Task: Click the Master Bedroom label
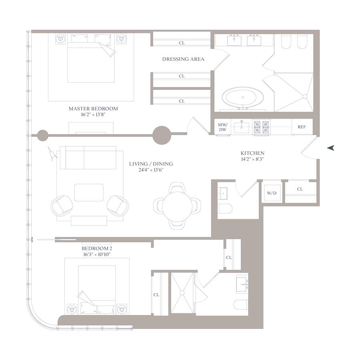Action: (x=93, y=108)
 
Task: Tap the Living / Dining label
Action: (x=151, y=164)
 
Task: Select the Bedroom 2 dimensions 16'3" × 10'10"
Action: (x=97, y=254)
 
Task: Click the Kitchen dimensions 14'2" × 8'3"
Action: (x=252, y=159)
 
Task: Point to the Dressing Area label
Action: (x=183, y=59)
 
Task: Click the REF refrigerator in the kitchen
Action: (x=302, y=127)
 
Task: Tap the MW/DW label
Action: (x=223, y=127)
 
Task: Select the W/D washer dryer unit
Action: (x=272, y=193)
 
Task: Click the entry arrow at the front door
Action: (x=331, y=148)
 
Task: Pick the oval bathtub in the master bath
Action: (x=243, y=97)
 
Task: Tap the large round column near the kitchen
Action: (x=162, y=135)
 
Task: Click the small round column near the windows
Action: (x=43, y=136)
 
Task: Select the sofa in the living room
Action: (x=88, y=158)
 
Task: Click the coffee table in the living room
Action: (x=89, y=192)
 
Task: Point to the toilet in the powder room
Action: (x=225, y=208)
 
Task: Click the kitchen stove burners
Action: (x=261, y=127)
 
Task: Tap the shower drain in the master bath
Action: (x=305, y=97)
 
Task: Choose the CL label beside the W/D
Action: (x=300, y=189)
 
